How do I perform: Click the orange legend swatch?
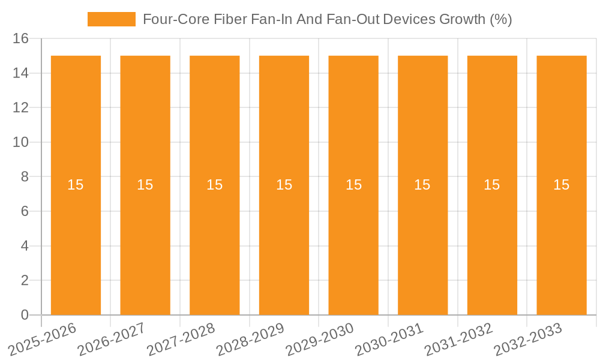tap(112, 19)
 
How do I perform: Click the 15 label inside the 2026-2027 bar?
tap(145, 185)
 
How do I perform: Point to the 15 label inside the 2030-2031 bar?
tap(422, 185)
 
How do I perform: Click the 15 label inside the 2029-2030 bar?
tap(353, 185)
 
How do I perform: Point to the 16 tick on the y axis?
tap(20, 39)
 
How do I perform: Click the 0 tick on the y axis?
tap(25, 315)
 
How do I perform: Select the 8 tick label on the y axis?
tap(25, 177)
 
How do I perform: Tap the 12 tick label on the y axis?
tap(20, 108)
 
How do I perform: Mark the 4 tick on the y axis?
tap(25, 246)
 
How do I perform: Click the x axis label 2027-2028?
tap(181, 339)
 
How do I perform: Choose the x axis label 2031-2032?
tap(458, 339)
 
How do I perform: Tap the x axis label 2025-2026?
tap(42, 339)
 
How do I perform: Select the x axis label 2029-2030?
tap(319, 339)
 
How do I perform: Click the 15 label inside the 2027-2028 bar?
tap(215, 185)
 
